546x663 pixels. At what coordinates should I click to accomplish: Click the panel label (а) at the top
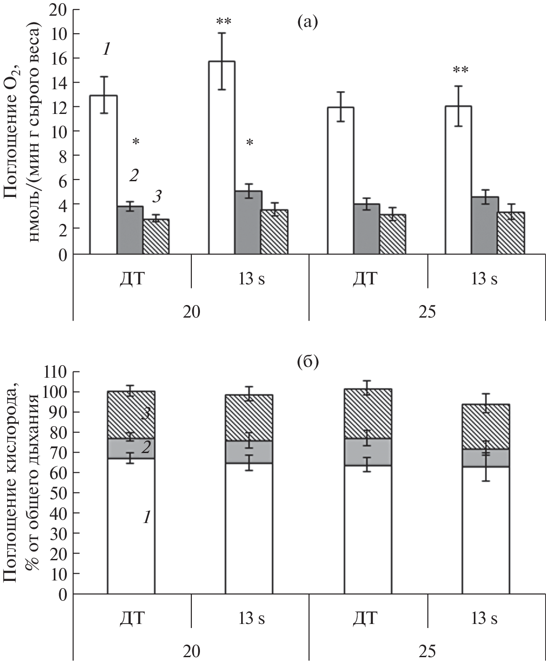pos(308,21)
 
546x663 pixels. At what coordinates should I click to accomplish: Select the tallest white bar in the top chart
pos(221,157)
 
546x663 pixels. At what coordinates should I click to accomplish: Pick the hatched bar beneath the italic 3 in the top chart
pos(156,237)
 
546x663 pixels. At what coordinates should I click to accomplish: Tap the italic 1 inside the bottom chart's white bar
pos(146,518)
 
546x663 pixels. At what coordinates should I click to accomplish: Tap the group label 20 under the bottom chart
pos(191,651)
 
